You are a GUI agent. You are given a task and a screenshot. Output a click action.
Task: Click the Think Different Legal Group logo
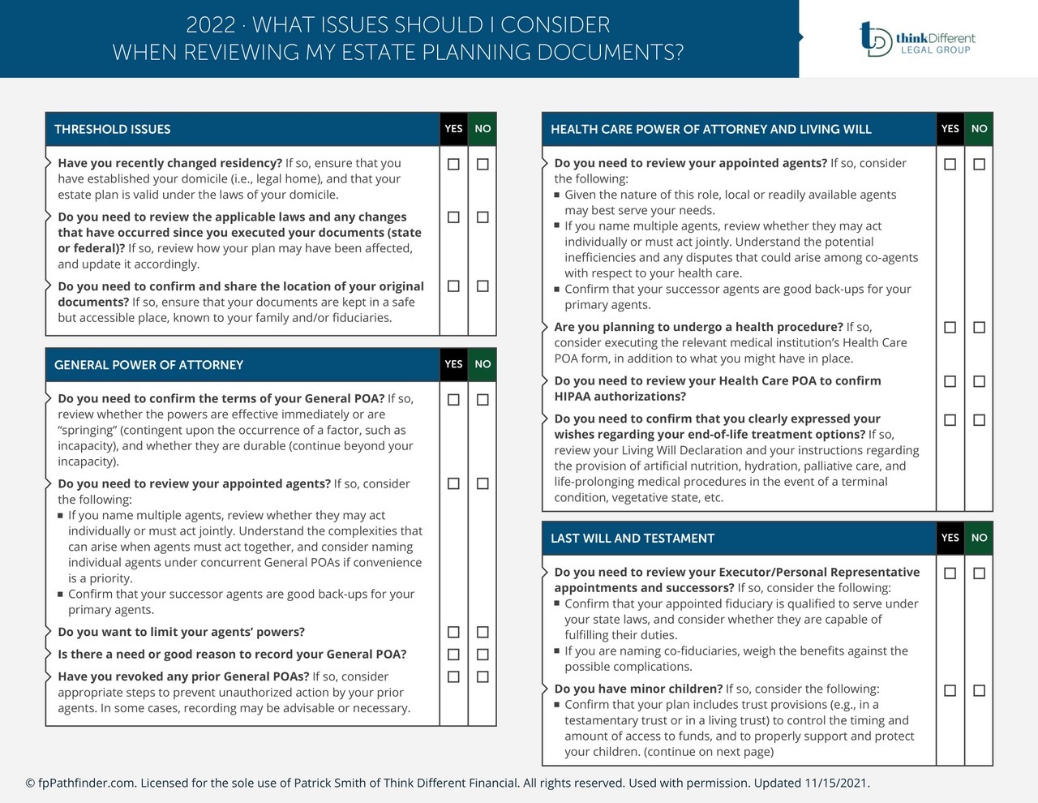tap(917, 38)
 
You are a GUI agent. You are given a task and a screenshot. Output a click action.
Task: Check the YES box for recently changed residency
tap(453, 164)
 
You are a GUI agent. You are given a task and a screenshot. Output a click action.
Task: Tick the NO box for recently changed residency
tap(483, 164)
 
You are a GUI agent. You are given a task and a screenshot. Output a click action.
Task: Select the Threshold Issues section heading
tap(113, 129)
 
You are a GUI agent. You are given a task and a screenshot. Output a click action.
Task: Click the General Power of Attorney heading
tap(148, 365)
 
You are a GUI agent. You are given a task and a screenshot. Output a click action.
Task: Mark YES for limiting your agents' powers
tap(453, 632)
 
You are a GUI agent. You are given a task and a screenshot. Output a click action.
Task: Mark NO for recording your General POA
tap(483, 654)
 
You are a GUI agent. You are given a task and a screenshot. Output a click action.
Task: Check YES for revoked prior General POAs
tap(453, 676)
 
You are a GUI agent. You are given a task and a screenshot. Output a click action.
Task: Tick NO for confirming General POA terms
tap(483, 399)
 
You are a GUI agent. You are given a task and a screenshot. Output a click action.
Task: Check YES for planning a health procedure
tap(950, 327)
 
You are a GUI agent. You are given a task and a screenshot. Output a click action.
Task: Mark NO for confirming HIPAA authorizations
tap(979, 381)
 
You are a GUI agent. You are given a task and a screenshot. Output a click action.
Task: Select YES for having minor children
tap(950, 690)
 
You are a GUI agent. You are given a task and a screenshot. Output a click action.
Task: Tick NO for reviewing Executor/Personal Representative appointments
tap(979, 573)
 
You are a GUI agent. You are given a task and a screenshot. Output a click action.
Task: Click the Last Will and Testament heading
tap(633, 538)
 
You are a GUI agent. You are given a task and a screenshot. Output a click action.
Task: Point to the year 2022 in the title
tap(210, 25)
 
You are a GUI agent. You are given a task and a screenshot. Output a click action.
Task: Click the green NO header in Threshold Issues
tap(483, 129)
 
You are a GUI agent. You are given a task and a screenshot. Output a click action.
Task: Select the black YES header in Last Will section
tap(950, 538)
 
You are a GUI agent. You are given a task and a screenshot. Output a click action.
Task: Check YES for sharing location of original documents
tap(453, 286)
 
